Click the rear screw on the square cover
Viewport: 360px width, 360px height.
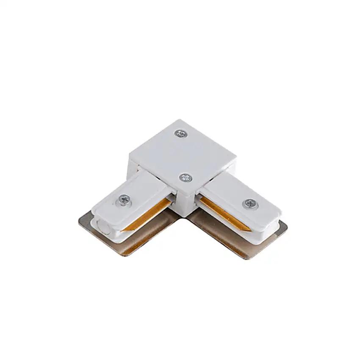pyautogui.click(x=181, y=133)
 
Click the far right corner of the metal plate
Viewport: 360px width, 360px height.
pyautogui.click(x=286, y=225)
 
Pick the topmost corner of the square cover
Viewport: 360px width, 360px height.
pyautogui.click(x=177, y=120)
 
